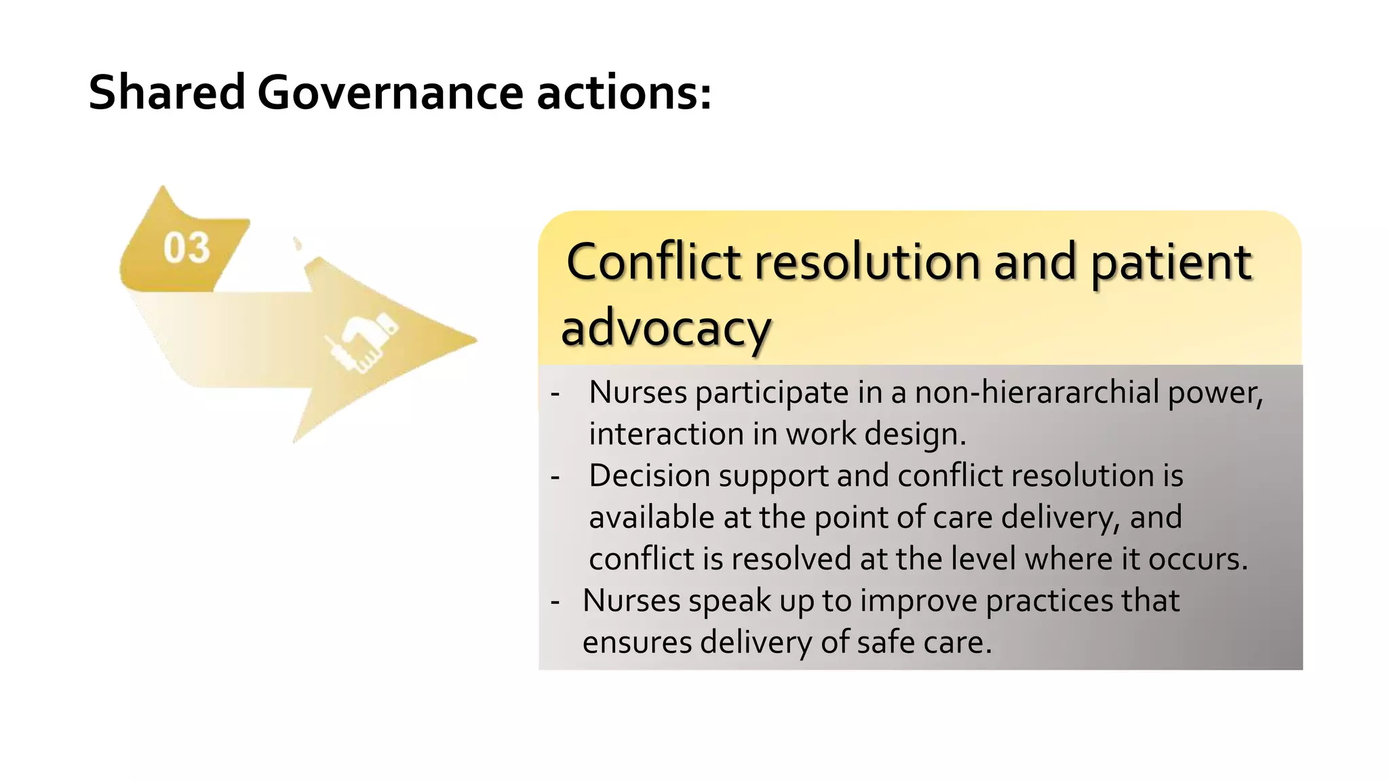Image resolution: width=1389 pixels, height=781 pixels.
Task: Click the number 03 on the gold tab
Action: click(x=187, y=247)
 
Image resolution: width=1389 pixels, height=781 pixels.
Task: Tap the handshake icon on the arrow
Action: click(x=361, y=340)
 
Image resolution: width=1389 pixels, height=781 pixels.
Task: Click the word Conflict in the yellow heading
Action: click(x=654, y=262)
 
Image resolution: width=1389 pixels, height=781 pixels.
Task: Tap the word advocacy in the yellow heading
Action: click(x=666, y=328)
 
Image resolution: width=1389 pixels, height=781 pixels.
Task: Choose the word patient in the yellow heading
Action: click(x=1171, y=262)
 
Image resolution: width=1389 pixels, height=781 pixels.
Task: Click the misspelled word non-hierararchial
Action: click(x=1037, y=393)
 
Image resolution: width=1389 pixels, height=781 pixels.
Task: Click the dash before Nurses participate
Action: click(x=555, y=393)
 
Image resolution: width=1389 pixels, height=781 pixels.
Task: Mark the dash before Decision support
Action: click(x=555, y=477)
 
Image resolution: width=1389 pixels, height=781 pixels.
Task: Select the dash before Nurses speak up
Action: click(x=555, y=601)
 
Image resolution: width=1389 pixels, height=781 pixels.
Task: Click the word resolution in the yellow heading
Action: click(x=867, y=262)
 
